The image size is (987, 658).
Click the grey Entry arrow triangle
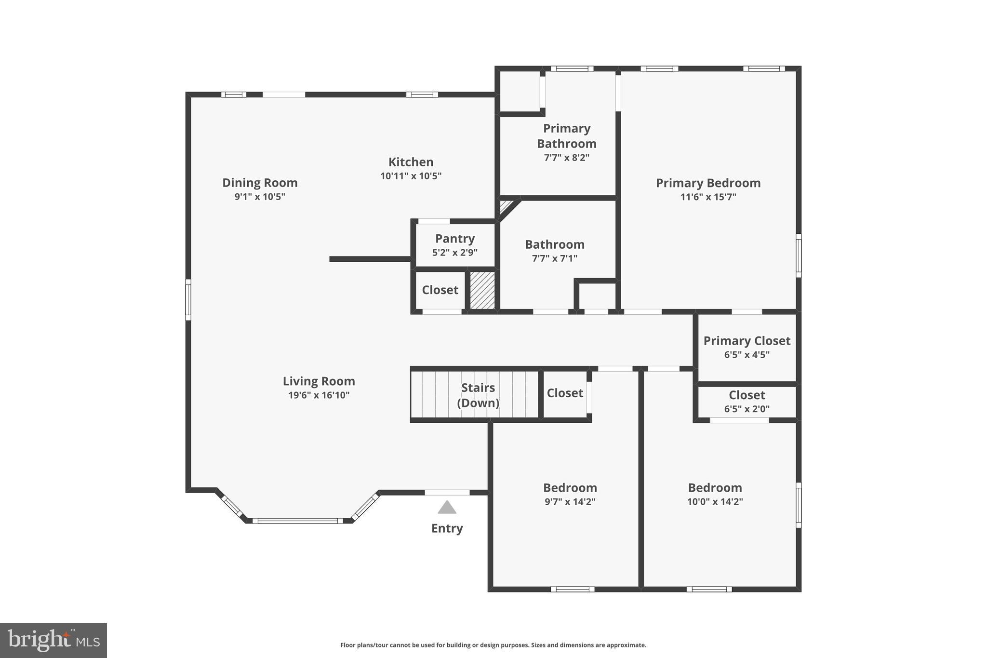[447, 508]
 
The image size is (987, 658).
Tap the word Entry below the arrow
[447, 528]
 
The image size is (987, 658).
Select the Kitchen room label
[411, 162]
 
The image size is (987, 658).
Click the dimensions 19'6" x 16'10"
[319, 395]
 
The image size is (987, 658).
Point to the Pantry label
[455, 239]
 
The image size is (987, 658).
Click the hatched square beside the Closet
[482, 290]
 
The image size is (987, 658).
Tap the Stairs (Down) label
[478, 395]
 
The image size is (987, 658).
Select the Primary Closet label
[747, 341]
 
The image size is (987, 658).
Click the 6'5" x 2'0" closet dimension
[747, 409]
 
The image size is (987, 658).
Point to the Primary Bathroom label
[566, 136]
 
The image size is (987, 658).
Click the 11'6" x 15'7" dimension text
[708, 197]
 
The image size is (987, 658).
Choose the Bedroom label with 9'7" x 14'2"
[570, 487]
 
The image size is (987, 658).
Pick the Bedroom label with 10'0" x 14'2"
[715, 487]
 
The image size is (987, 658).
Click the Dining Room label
[260, 183]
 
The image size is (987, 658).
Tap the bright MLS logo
[53, 640]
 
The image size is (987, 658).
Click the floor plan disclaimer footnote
[493, 645]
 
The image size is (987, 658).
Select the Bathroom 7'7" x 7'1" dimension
[554, 258]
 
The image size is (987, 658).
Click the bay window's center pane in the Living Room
[297, 521]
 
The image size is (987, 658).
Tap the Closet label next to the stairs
[565, 393]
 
